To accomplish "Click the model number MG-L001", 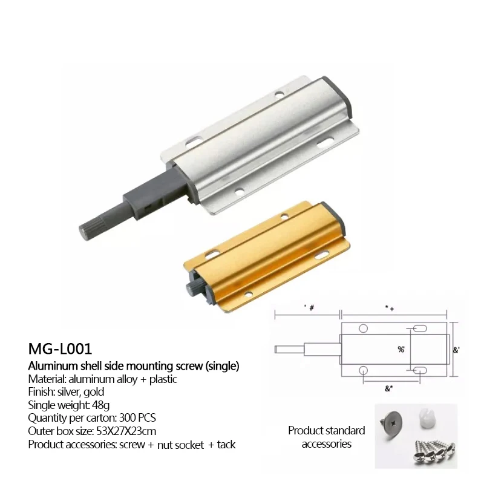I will [x=60, y=350].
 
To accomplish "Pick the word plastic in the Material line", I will [x=160, y=379].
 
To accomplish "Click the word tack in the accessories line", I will [x=226, y=445].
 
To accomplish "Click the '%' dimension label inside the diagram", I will [x=401, y=349].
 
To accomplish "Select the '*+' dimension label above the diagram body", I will [x=389, y=307].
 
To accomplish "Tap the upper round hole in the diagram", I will [x=363, y=328].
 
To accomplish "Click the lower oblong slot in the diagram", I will [x=417, y=369].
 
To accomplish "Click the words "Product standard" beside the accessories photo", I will [x=326, y=431].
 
